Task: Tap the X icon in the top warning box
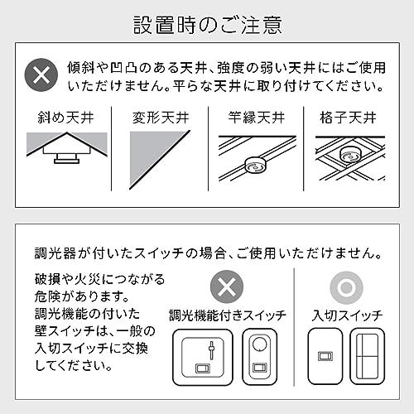(38, 75)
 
